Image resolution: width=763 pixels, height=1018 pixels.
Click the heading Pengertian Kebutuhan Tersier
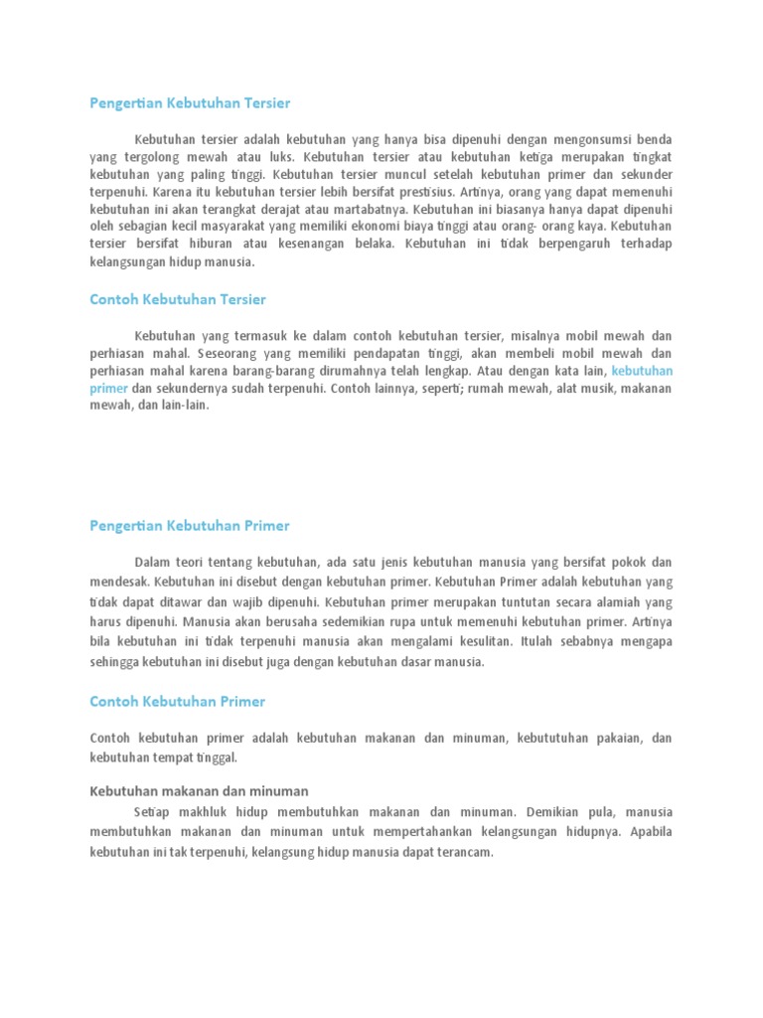(x=189, y=103)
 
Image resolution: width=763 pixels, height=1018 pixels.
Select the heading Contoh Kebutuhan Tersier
(x=177, y=298)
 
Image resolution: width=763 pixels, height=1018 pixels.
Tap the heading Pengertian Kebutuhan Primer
(x=189, y=525)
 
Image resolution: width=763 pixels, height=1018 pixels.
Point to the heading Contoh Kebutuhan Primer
(x=177, y=701)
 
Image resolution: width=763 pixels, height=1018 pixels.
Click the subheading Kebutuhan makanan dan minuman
(x=199, y=790)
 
